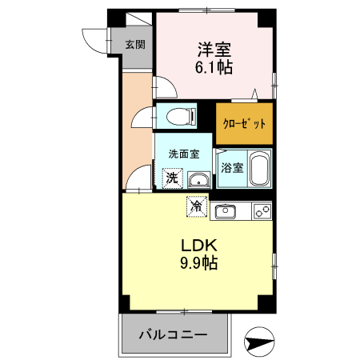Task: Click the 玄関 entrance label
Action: (134, 45)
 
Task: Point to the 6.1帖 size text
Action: (214, 67)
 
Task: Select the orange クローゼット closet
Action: (244, 124)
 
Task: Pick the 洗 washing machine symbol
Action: (172, 178)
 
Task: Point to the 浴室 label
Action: (231, 169)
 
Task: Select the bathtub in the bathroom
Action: (259, 169)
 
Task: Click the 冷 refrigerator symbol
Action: (197, 206)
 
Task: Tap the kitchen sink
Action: (224, 211)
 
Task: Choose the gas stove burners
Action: (261, 211)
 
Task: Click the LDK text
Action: (197, 246)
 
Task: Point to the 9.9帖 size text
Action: (197, 262)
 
